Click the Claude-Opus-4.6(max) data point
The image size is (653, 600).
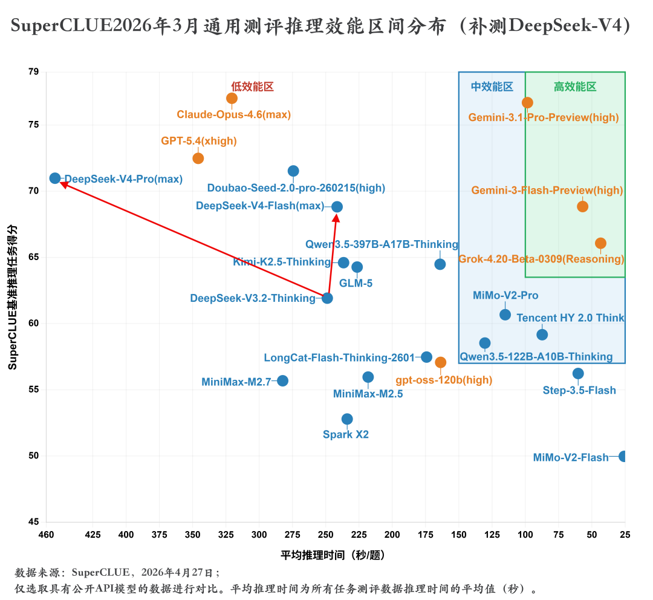(x=232, y=98)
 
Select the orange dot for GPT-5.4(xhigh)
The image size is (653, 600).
(x=198, y=158)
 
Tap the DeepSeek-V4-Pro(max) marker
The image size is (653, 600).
(x=55, y=178)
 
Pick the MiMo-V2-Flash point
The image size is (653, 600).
(x=623, y=456)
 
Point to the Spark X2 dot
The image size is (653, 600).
(x=347, y=419)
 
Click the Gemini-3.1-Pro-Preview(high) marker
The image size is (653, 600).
(x=527, y=103)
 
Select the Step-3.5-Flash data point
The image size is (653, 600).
(x=578, y=374)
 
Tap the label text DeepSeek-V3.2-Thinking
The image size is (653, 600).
(x=253, y=298)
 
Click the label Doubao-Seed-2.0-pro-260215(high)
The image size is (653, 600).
(x=296, y=187)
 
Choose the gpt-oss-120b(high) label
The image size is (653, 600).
(x=443, y=380)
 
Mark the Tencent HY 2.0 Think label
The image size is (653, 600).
(x=570, y=318)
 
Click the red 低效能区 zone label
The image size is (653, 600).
(x=252, y=86)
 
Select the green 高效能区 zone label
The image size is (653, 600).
(x=575, y=86)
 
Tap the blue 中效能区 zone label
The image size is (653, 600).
(x=492, y=86)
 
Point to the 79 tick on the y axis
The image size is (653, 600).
(x=33, y=72)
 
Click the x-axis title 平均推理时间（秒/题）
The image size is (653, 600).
(x=333, y=554)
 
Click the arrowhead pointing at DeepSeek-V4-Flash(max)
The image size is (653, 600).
(x=336, y=217)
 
